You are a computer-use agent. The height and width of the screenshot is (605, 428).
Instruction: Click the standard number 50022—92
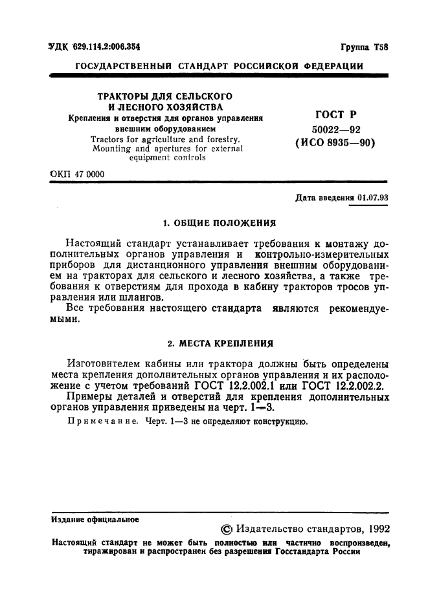(x=334, y=129)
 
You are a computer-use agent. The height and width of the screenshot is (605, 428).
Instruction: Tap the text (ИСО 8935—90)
(x=334, y=144)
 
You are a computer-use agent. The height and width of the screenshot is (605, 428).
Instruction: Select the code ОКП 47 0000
(x=76, y=175)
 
